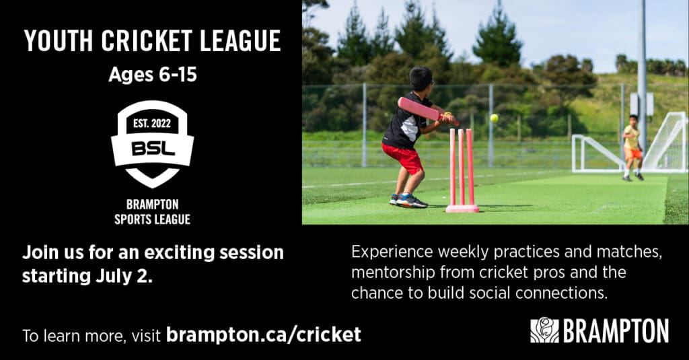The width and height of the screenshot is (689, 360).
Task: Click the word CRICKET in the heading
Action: point(147,41)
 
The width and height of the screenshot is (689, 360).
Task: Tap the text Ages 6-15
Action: point(153,75)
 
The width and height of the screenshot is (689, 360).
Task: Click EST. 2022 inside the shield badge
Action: point(152,123)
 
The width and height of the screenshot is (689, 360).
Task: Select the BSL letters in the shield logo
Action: point(153,149)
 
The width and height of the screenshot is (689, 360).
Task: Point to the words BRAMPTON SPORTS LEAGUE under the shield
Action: point(153,212)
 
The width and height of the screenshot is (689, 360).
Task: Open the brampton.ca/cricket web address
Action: point(263,334)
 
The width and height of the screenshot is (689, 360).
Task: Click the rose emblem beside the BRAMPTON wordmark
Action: point(544,330)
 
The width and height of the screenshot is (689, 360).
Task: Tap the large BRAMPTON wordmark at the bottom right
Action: point(616,330)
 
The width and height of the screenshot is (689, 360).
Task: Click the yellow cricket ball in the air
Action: point(495,118)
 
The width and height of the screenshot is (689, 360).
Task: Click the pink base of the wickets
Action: point(462,209)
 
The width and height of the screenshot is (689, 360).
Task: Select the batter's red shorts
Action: point(403,157)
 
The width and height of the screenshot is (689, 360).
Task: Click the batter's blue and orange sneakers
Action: point(408,201)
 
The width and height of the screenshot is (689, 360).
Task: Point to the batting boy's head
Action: point(421,79)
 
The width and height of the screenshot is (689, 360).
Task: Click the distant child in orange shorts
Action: point(632,147)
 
